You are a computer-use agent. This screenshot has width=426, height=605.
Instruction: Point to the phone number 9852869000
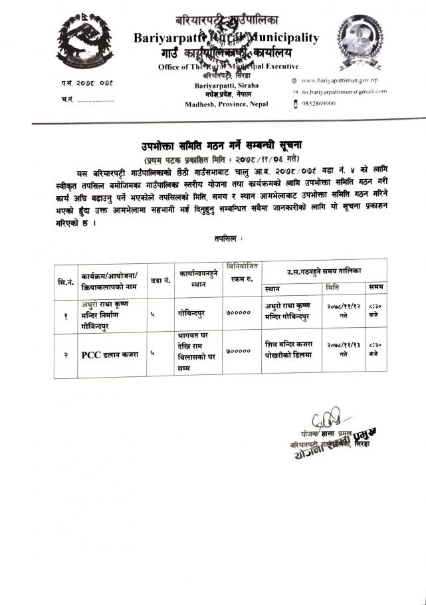[x=320, y=104]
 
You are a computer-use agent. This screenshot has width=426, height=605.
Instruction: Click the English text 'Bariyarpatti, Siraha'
[x=221, y=86]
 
